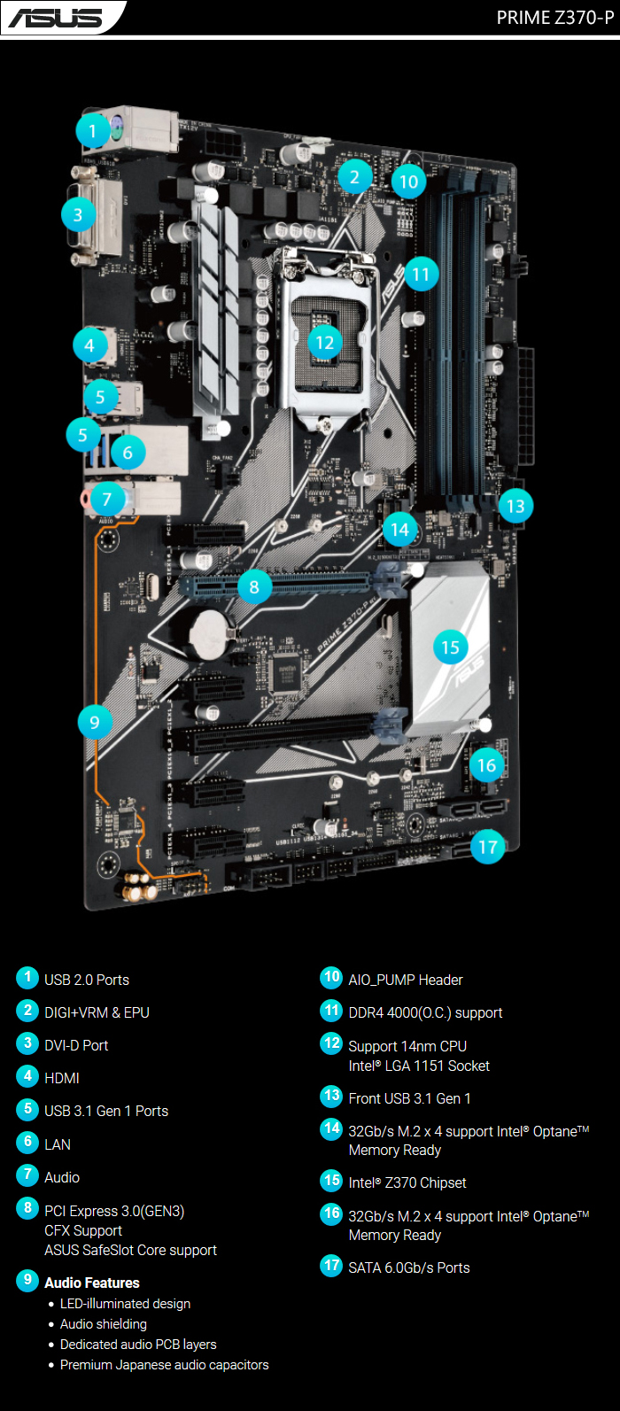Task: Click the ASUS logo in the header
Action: (56, 17)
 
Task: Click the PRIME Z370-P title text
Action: (554, 18)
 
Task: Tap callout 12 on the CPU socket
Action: (325, 342)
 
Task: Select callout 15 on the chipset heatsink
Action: (450, 647)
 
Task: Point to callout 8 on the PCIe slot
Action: (254, 586)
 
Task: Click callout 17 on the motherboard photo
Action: (487, 847)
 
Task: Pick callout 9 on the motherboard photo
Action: (95, 722)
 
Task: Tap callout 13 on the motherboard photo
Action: (515, 507)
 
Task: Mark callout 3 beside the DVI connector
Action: (78, 214)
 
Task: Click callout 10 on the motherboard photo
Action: (408, 182)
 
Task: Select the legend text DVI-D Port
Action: (76, 1045)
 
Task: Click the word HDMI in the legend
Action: (62, 1078)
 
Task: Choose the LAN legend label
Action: (58, 1144)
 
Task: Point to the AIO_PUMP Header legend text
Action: (406, 980)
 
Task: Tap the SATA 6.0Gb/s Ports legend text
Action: (409, 1268)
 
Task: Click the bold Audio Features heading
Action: (92, 1283)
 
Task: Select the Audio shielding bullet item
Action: (104, 1324)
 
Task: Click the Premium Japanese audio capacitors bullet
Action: (164, 1365)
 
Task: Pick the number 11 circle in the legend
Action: (331, 1011)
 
